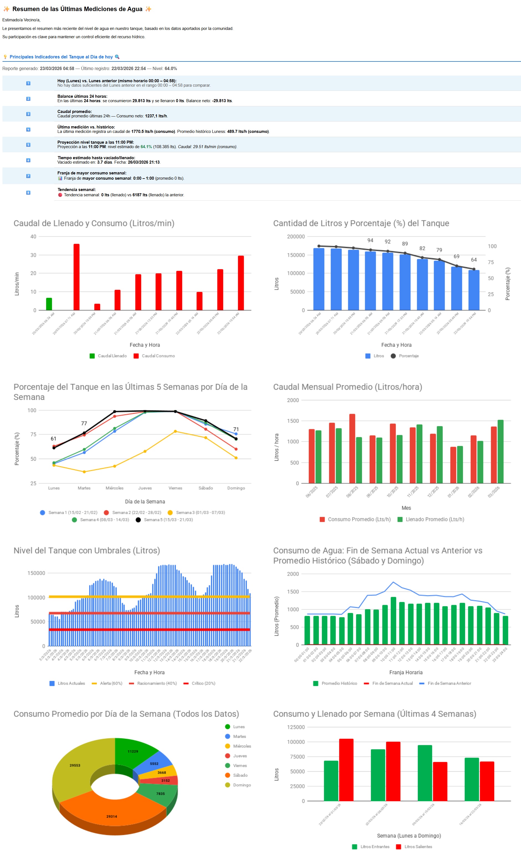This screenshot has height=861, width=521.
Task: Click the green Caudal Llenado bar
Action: [x=49, y=304]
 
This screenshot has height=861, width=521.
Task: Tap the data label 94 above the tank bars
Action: [x=370, y=240]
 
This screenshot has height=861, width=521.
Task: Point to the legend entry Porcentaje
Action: [x=408, y=356]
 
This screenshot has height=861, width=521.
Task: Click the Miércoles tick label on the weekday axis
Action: [x=114, y=488]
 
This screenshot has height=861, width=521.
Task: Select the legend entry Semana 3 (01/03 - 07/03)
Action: [x=200, y=512]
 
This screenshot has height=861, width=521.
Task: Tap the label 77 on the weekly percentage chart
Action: [x=84, y=423]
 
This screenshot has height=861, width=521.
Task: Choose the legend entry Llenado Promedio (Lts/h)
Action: [x=435, y=519]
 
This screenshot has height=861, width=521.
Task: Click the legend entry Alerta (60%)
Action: [x=111, y=683]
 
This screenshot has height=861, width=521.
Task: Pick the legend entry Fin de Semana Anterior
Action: [x=449, y=683]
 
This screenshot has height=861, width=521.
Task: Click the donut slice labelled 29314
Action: [x=112, y=816]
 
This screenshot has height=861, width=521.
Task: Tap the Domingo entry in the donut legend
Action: [x=242, y=785]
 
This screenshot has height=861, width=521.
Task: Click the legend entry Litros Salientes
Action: [x=418, y=846]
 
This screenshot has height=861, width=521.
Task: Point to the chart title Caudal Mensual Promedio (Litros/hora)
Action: [x=348, y=387]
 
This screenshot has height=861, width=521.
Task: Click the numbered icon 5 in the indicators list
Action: [x=28, y=145]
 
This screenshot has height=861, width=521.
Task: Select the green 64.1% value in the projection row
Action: [x=146, y=147]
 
